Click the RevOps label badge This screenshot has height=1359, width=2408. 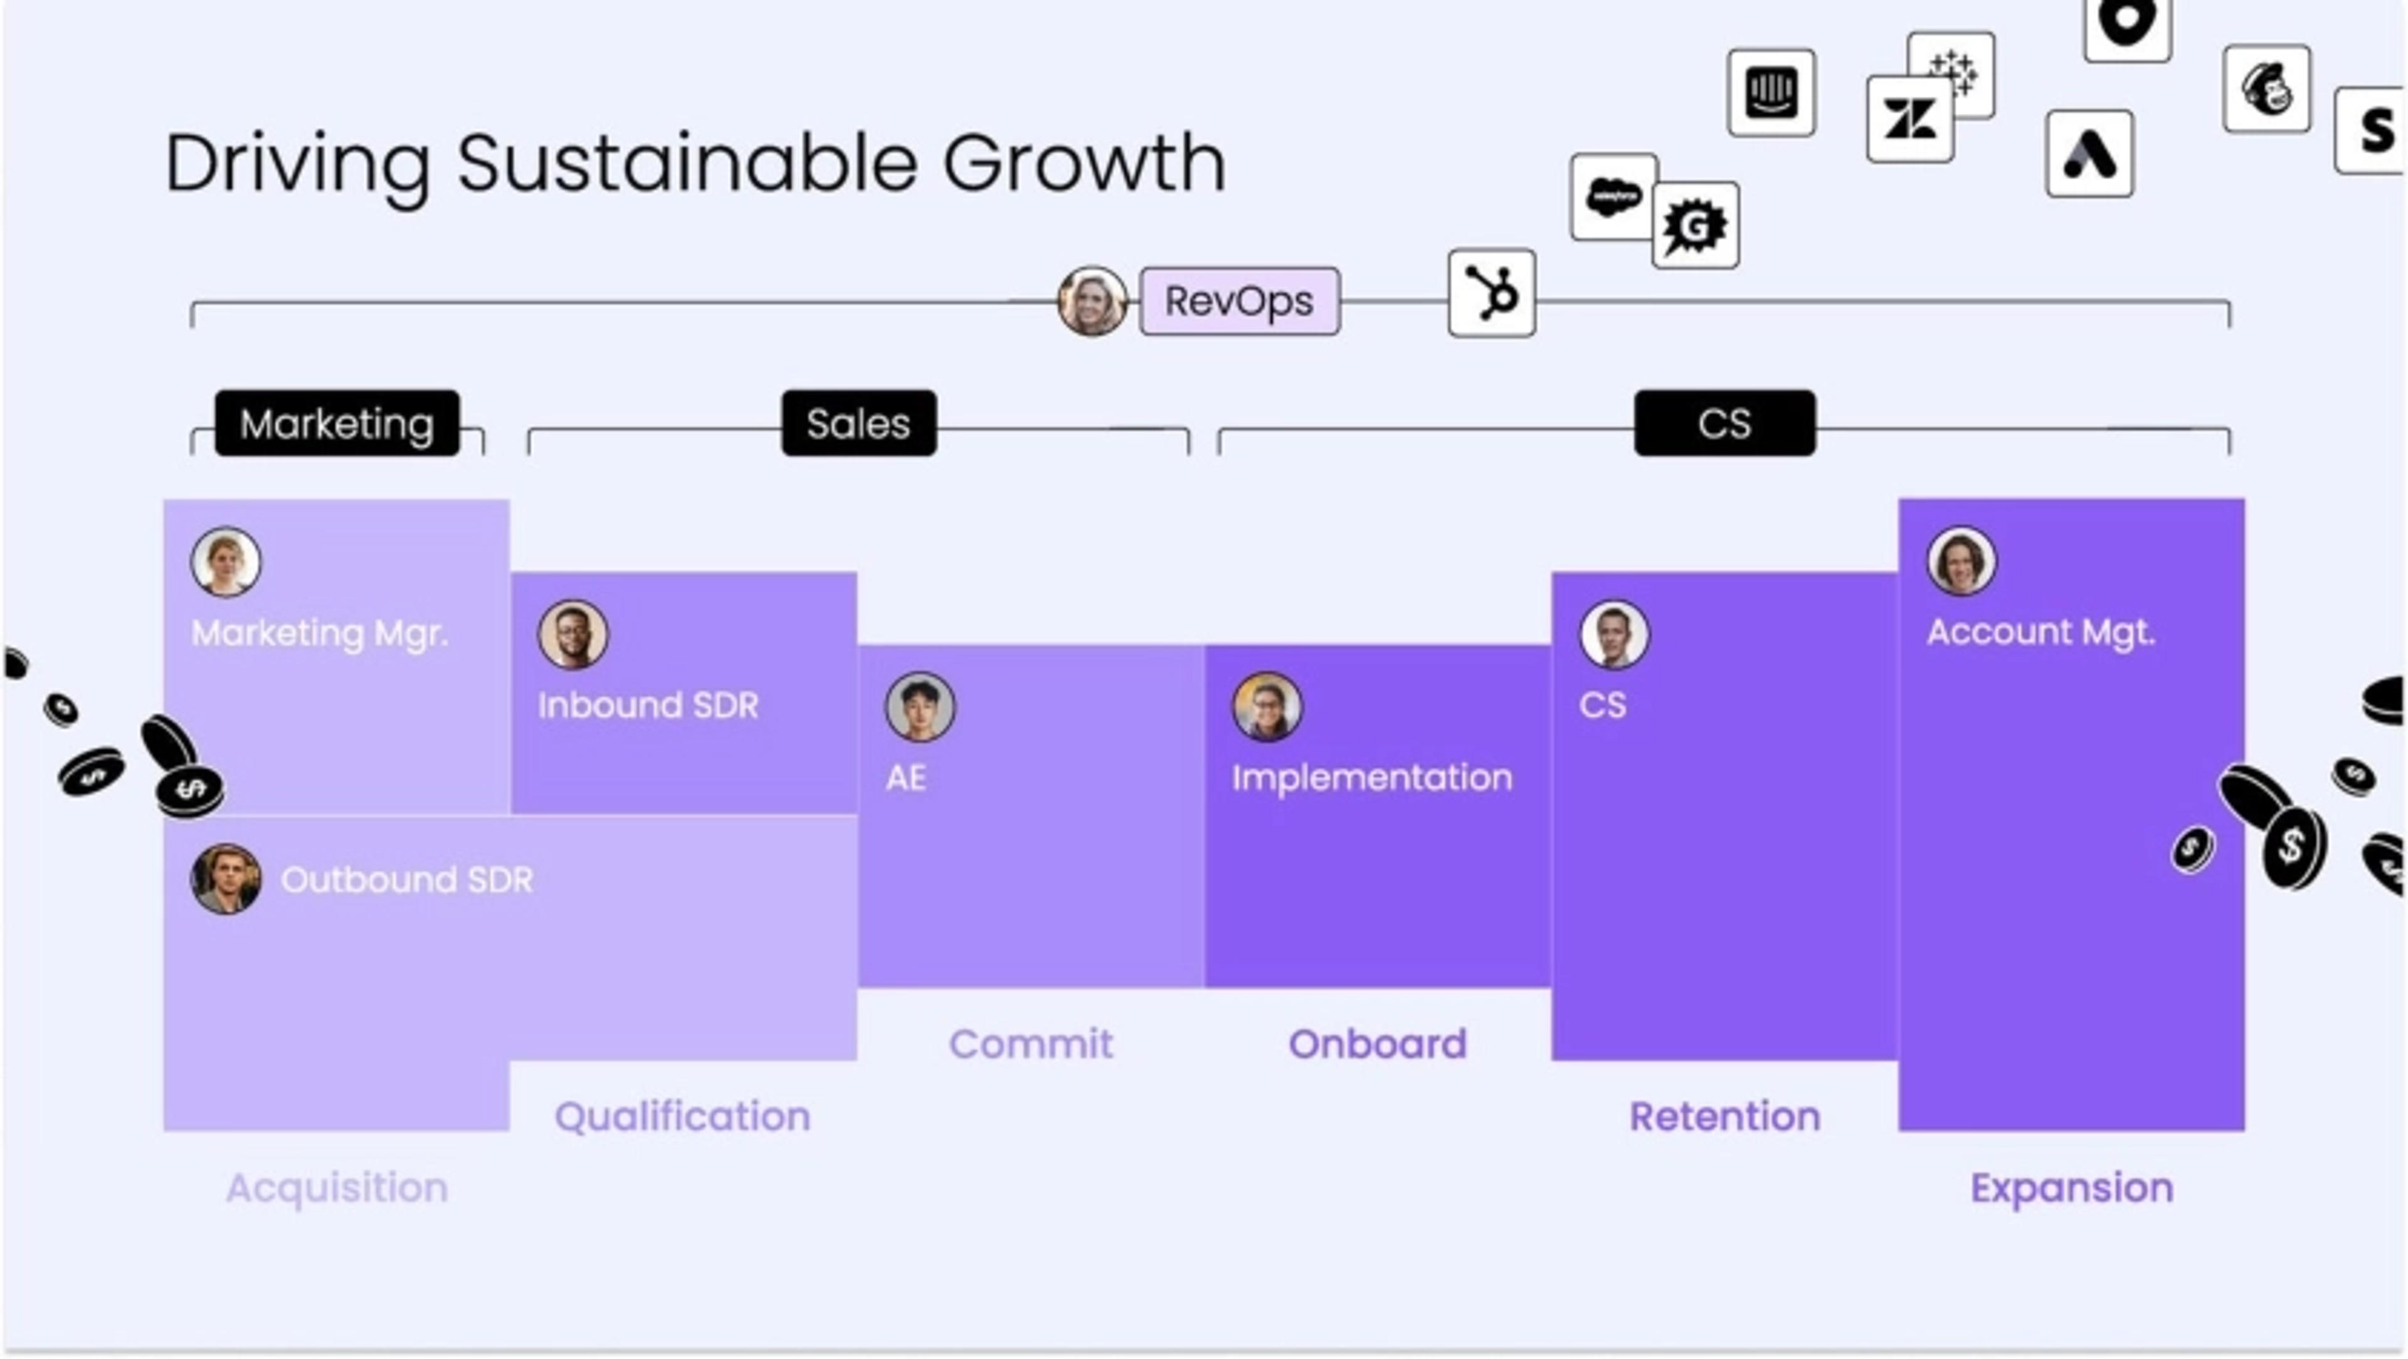click(1240, 301)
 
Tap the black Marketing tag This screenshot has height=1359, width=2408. click(337, 423)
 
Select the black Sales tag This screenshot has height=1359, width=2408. click(858, 423)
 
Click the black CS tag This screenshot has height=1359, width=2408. click(1724, 423)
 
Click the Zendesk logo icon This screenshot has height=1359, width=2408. click(1909, 120)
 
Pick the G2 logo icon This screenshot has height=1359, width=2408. click(1695, 225)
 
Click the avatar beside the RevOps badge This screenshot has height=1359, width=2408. click(1091, 301)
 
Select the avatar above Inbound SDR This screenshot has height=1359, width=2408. click(572, 633)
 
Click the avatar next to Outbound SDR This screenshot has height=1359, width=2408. click(225, 879)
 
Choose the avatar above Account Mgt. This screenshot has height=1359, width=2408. click(1960, 561)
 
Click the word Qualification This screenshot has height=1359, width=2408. click(682, 1116)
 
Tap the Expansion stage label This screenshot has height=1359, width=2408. click(2071, 1188)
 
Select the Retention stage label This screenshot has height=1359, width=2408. click(1724, 1116)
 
